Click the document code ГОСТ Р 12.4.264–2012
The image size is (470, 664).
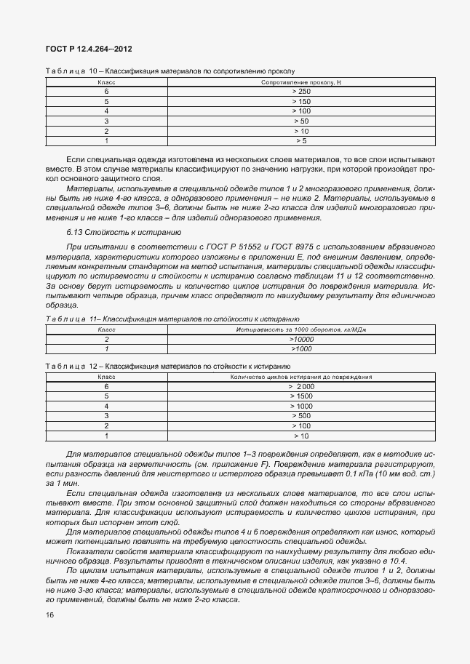89,49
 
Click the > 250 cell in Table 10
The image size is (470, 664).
301,92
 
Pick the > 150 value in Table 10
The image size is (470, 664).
301,101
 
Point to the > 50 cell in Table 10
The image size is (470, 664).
301,121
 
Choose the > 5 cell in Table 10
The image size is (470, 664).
301,140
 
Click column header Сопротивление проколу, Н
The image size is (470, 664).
301,82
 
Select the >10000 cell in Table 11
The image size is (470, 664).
301,339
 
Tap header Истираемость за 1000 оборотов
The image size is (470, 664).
301,329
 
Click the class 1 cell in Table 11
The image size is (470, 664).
107,348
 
